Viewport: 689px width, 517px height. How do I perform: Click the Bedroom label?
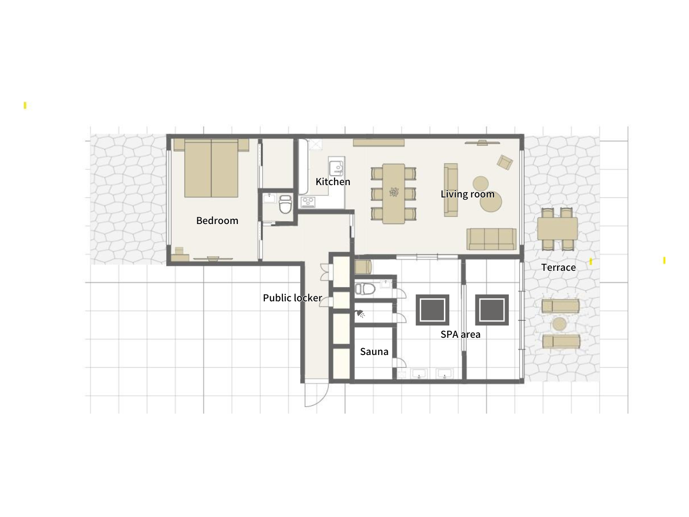pos(217,221)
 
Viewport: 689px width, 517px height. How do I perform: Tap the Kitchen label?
pos(333,181)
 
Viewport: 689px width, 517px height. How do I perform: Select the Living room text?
pos(468,194)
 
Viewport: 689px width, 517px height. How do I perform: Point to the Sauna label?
pos(374,351)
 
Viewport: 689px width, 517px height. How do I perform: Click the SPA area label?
pos(460,334)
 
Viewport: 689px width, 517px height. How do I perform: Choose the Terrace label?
pos(559,267)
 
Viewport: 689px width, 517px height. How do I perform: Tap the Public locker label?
pos(292,297)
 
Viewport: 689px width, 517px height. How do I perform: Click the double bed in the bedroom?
pos(211,168)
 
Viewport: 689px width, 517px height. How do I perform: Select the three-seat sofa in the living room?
pos(491,239)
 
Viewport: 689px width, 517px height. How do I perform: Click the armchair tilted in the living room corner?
pos(505,162)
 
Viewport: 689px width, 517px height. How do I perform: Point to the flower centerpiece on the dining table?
pos(394,192)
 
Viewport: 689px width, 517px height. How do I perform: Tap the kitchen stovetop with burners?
pos(308,202)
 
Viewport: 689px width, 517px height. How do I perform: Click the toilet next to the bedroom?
pos(285,204)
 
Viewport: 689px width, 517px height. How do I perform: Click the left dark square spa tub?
pos(432,310)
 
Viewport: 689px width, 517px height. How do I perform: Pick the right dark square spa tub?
pos(492,310)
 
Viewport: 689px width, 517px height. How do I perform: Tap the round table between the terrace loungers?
pos(559,324)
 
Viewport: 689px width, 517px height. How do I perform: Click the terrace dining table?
pos(557,229)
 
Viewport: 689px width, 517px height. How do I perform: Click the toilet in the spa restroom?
pos(365,289)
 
